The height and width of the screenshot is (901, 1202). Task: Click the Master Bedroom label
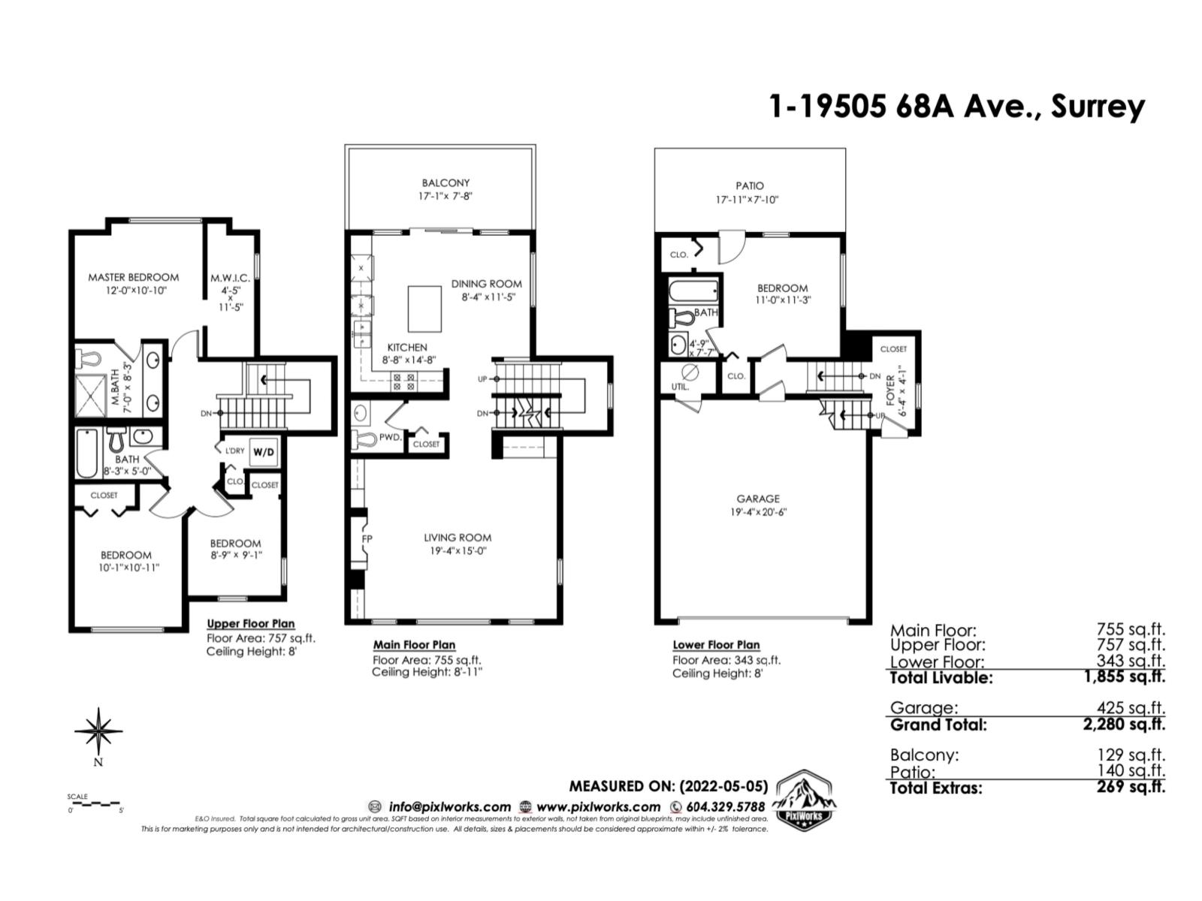click(133, 277)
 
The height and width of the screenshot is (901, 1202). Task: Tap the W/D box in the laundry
click(263, 452)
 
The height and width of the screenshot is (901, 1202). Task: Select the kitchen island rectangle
click(424, 309)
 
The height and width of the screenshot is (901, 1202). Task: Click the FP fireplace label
click(367, 539)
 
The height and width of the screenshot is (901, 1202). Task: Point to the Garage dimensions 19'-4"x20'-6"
click(757, 512)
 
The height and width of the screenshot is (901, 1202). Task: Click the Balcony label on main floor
click(445, 182)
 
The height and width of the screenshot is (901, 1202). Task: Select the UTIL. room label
click(680, 387)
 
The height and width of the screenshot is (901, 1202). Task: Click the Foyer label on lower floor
click(891, 390)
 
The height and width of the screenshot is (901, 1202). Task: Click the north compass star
click(98, 729)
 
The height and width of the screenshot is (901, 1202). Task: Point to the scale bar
click(95, 804)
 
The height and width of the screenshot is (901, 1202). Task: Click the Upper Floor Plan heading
click(250, 624)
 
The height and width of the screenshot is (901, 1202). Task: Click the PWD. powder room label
click(390, 437)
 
